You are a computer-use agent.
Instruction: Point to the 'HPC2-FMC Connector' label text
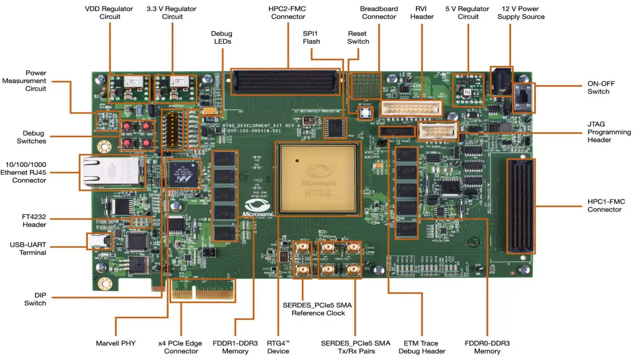tap(288, 13)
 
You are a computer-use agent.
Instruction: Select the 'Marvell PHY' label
tap(116, 343)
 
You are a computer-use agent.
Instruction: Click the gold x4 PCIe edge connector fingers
tap(203, 293)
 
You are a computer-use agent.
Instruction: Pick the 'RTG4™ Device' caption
tap(278, 347)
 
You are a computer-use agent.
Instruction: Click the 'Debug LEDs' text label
tap(222, 37)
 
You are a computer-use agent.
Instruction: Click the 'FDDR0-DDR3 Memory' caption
tap(487, 347)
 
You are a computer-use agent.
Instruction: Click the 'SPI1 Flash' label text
tap(311, 37)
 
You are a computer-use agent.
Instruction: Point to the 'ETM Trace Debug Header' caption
tap(422, 347)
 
